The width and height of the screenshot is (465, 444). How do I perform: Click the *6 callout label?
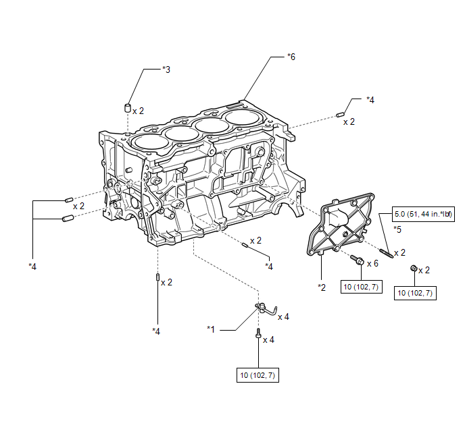point(291,57)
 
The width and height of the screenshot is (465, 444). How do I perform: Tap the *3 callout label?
point(166,70)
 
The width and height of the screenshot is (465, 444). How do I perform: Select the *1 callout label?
point(211,329)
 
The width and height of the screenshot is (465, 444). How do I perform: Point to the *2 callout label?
point(322,287)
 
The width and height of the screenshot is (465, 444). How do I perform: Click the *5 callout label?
point(397,230)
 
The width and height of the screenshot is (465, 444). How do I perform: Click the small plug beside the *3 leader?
point(126,108)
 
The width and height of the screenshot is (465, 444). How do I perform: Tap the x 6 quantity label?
point(372,263)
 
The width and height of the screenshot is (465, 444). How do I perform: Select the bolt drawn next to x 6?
point(358,260)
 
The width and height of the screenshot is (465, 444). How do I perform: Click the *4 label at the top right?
point(370,100)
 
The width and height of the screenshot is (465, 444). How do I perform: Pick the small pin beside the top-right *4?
point(339,114)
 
